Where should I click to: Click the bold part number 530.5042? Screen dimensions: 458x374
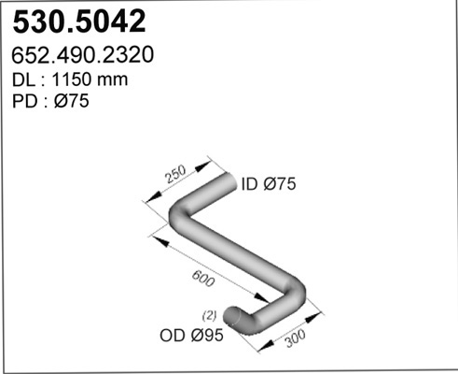[x=79, y=22]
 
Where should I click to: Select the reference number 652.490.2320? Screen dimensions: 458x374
[x=83, y=55]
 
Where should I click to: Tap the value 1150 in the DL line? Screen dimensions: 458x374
[x=72, y=79]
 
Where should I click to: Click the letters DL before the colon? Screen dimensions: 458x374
[x=23, y=79]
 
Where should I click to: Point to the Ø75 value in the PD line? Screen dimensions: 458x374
[x=72, y=101]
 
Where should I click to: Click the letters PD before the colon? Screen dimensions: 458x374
[x=25, y=101]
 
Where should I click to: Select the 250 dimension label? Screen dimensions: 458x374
[x=175, y=174]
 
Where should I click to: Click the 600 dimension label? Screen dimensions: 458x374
[x=203, y=279]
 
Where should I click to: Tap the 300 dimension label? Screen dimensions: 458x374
[x=296, y=338]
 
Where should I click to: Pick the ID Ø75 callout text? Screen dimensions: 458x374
[x=269, y=183]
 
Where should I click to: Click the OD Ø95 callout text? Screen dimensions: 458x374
[x=191, y=336]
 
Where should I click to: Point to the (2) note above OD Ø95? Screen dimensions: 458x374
[x=209, y=316]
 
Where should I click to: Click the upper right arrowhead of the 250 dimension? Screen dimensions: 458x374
[x=202, y=166]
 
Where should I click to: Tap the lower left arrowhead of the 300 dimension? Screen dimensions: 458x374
[x=267, y=345]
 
